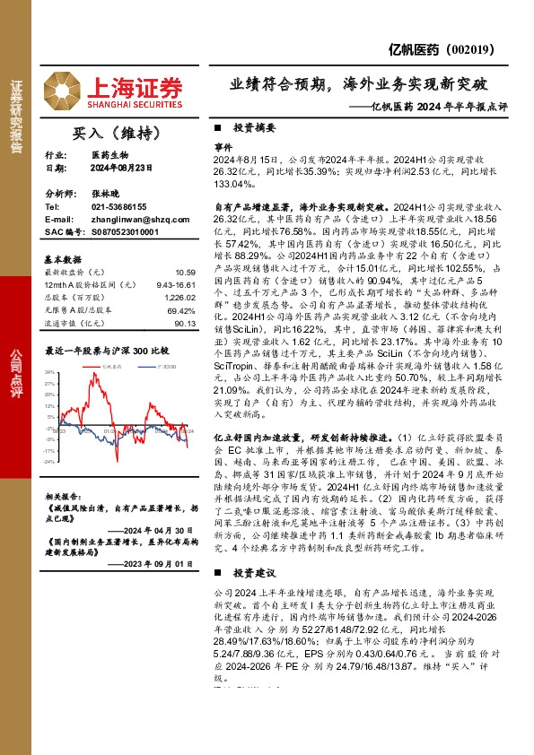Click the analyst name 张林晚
tap(103, 193)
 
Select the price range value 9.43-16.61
tap(176, 284)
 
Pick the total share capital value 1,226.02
tap(179, 296)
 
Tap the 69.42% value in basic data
tap(181, 308)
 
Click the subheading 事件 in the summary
tap(223, 144)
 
